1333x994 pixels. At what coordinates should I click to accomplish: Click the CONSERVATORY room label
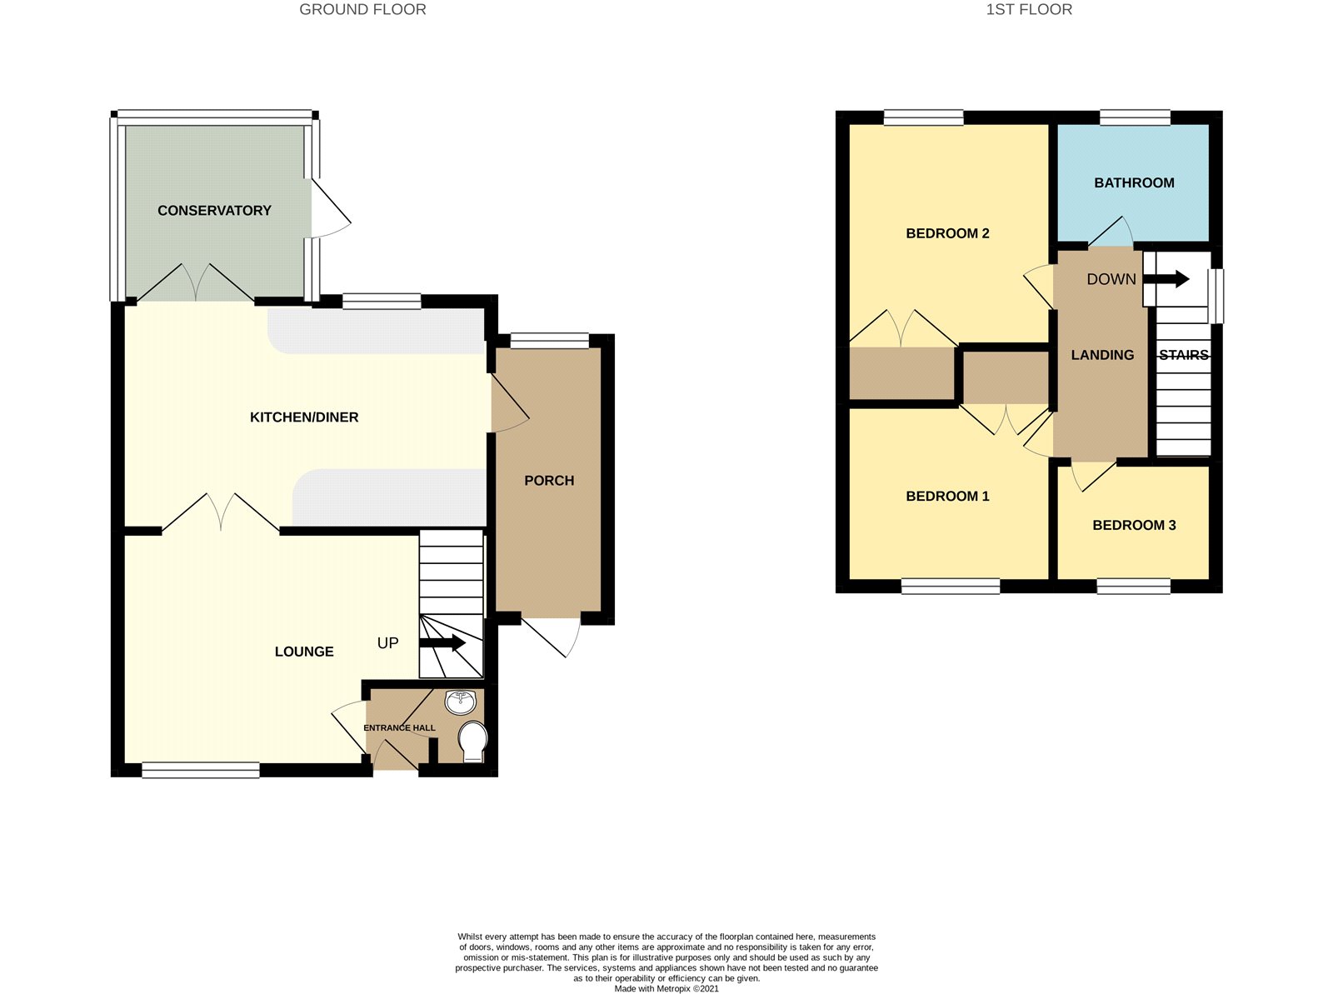pos(214,211)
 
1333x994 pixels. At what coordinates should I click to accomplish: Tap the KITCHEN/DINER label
pos(304,417)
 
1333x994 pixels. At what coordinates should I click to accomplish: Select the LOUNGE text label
pos(304,652)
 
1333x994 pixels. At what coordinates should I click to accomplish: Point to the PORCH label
pos(549,480)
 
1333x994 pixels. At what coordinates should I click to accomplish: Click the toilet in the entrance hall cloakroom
pos(472,741)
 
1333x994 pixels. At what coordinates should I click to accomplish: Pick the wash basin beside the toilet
pos(461,702)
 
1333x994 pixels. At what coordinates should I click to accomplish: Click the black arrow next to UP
pos(442,643)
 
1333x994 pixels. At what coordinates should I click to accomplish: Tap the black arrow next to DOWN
pos(1166,279)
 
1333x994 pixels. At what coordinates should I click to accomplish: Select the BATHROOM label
pos(1134,182)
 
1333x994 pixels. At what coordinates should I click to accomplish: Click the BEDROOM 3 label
pos(1134,525)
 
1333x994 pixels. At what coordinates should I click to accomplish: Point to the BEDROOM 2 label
pos(947,233)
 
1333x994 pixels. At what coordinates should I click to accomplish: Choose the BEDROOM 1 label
pos(947,496)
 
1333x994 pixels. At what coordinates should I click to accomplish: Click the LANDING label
pos(1102,355)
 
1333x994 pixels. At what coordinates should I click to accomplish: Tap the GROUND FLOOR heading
pos(362,10)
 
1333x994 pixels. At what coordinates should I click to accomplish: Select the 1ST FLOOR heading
pos(1029,10)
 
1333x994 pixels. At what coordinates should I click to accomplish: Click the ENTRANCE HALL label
pos(399,727)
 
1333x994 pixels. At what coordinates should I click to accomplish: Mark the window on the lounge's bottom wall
pos(201,770)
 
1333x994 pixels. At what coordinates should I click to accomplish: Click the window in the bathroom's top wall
pos(1135,117)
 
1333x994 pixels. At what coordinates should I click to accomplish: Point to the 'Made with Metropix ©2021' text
pos(666,988)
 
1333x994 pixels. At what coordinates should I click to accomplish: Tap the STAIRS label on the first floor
pos(1184,355)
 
